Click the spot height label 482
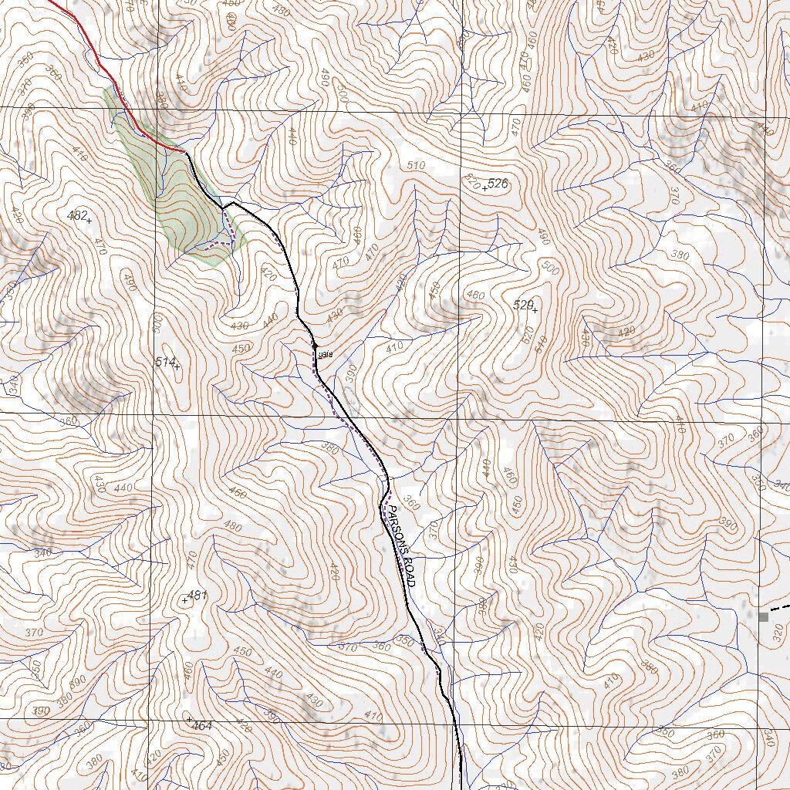coord(76,215)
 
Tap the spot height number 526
coord(498,184)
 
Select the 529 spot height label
coord(522,306)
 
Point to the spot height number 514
coord(164,362)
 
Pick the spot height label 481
coord(198,595)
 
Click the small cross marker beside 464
coord(190,719)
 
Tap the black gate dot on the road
coord(315,345)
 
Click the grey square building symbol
coord(764,616)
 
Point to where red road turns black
coord(185,153)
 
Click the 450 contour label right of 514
coord(241,349)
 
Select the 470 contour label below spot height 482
coord(100,247)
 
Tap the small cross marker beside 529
coord(535,310)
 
